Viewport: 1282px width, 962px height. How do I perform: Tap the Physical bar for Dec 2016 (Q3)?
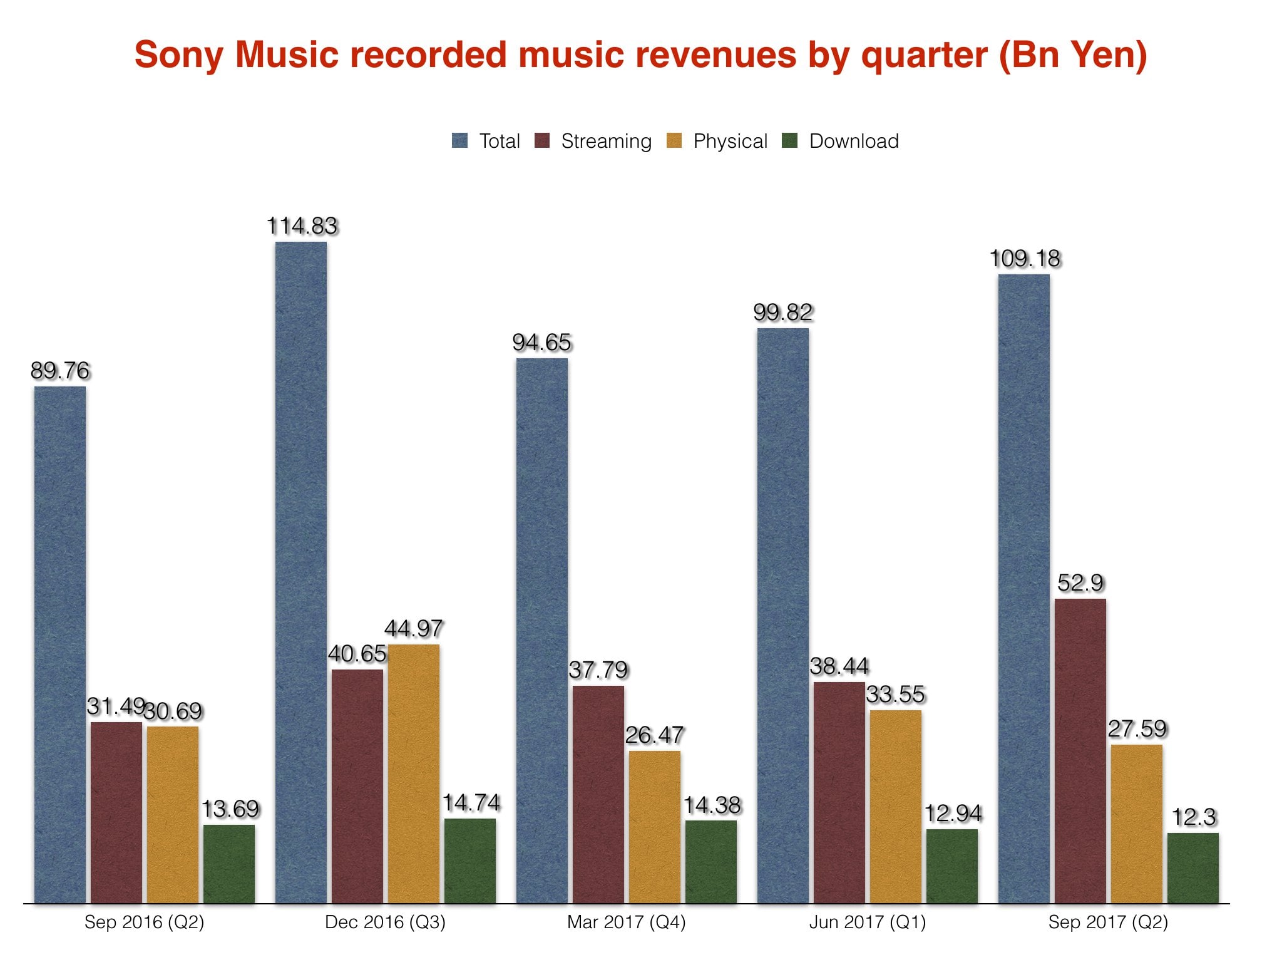coord(413,773)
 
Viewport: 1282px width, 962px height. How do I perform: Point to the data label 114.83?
coord(302,226)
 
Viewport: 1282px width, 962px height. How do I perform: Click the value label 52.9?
coord(1080,583)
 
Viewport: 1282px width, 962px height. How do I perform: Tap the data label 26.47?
coord(654,735)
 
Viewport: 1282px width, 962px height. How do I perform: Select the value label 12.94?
coord(953,814)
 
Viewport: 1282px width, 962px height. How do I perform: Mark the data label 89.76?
coord(60,371)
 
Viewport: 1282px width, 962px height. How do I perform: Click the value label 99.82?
coord(782,313)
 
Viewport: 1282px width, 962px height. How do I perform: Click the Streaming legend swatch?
coord(542,141)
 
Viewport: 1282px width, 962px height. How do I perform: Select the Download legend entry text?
coord(854,141)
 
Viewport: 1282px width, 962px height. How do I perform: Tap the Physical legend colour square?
coord(674,141)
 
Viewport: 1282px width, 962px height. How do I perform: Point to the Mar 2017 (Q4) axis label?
coord(626,922)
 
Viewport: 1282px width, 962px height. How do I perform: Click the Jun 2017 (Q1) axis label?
coord(867,922)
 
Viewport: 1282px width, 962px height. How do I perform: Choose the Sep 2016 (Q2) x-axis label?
coord(144,922)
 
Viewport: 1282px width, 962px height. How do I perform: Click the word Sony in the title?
coord(179,54)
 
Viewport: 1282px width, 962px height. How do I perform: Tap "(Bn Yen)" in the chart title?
coord(1072,54)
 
